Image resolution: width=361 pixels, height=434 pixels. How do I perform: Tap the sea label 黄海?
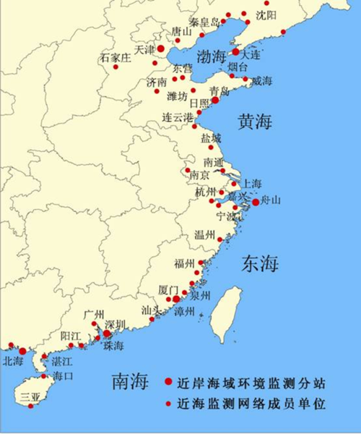coord(255,122)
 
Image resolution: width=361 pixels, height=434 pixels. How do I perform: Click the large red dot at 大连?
coord(235,52)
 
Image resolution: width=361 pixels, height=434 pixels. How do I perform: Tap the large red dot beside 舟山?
coord(255,203)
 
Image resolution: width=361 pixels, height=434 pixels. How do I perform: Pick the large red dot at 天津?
coord(161,48)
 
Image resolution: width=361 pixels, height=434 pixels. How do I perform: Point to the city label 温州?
coord(204,235)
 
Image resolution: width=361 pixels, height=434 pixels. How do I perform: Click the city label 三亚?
coord(30,396)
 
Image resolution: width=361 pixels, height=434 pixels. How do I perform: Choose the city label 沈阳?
coord(266,14)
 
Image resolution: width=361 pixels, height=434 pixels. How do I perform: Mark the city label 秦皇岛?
coord(204,22)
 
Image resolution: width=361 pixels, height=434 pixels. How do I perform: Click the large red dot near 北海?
coord(22,351)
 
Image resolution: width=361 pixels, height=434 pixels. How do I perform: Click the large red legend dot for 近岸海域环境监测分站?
coord(168,381)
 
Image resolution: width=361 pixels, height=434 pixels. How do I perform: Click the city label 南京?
coord(200,175)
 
